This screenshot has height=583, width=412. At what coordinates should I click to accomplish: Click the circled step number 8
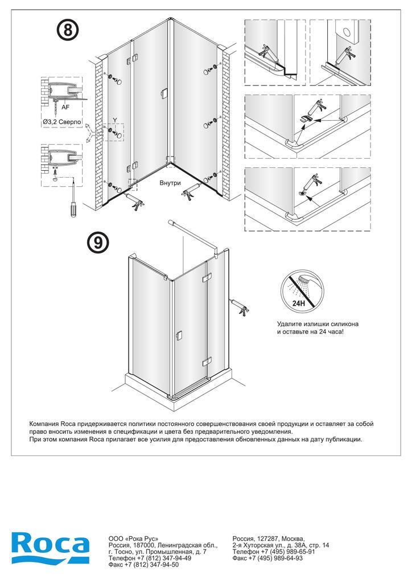pos(68,30)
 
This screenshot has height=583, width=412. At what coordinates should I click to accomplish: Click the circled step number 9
pos(98,242)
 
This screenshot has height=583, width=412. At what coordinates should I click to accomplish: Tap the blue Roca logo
pos(50,548)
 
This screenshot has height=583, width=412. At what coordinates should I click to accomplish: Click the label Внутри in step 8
pos(170,183)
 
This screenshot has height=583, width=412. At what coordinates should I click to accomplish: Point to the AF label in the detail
pos(65,107)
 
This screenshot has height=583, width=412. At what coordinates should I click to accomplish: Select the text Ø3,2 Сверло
pos(61,122)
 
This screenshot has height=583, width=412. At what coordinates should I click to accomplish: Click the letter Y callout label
pos(115,120)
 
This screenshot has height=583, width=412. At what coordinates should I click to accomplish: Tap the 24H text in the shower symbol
pos(299,303)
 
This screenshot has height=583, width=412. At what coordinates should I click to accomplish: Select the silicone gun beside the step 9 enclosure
pos(240,306)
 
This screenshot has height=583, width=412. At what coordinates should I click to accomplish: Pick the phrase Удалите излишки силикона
pos(318,324)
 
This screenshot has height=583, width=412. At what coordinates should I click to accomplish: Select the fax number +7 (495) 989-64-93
pos(275,558)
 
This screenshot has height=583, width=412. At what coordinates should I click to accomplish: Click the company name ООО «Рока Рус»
pos(133,539)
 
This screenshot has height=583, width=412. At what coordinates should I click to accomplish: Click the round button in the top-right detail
pos(348,32)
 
